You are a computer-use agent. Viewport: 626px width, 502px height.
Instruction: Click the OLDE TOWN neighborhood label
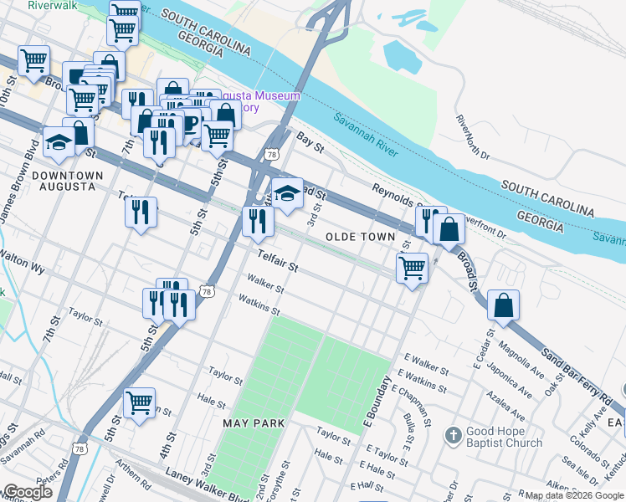360,237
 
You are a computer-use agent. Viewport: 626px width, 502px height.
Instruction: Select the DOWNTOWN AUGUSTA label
67,181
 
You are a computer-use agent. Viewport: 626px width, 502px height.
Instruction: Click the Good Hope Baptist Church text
504,438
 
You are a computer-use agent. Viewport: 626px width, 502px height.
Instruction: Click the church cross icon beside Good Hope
453,434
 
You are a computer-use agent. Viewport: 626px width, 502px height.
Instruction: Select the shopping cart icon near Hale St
139,402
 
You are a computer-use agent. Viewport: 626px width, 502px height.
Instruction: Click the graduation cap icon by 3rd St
286,194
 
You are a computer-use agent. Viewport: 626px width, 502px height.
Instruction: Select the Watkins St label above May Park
259,302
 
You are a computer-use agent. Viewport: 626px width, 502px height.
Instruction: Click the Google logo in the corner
28,492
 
